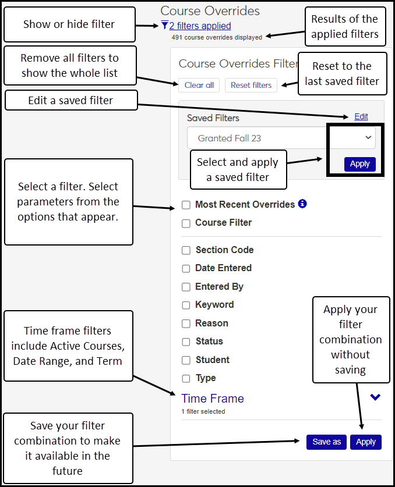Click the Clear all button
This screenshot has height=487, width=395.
199,85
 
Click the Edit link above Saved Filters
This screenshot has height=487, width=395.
361,116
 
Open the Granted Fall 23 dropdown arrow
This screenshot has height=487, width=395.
368,137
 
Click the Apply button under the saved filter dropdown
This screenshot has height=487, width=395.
359,163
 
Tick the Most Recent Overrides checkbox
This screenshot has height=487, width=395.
186,205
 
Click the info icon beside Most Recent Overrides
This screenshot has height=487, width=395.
302,204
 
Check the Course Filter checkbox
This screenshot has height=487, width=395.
186,223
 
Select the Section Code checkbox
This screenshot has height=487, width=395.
186,250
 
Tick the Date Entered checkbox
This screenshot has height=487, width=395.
186,268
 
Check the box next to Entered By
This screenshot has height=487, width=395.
186,287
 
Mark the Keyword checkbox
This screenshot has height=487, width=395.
186,305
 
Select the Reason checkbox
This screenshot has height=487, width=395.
186,324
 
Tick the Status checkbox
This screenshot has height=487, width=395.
186,342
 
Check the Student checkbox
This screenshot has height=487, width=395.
186,360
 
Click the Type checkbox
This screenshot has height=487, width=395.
186,378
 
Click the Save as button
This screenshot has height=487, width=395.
326,442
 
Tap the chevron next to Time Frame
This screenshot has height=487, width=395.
375,397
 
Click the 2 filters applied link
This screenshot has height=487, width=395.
200,26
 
